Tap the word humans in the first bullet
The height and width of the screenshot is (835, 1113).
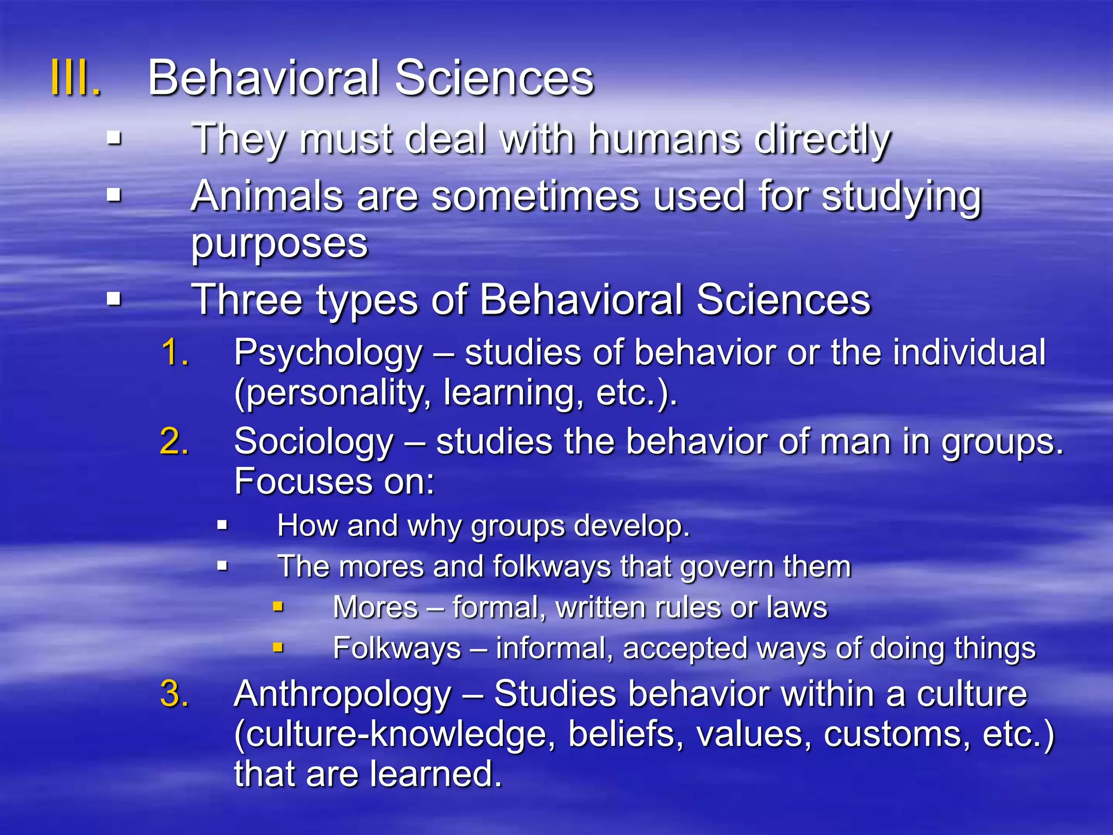665,139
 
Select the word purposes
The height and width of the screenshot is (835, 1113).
279,244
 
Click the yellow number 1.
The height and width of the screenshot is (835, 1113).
175,352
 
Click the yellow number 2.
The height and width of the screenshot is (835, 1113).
174,441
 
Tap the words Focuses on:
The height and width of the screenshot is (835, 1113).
334,482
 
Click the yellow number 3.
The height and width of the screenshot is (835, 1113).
174,694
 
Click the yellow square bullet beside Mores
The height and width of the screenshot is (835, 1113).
278,607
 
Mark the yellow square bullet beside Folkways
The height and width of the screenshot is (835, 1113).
278,647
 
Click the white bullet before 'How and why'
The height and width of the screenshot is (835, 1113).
222,525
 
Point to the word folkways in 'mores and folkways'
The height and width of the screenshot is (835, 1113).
551,567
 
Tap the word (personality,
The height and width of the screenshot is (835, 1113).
333,393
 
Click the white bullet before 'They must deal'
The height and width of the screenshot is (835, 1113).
114,139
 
